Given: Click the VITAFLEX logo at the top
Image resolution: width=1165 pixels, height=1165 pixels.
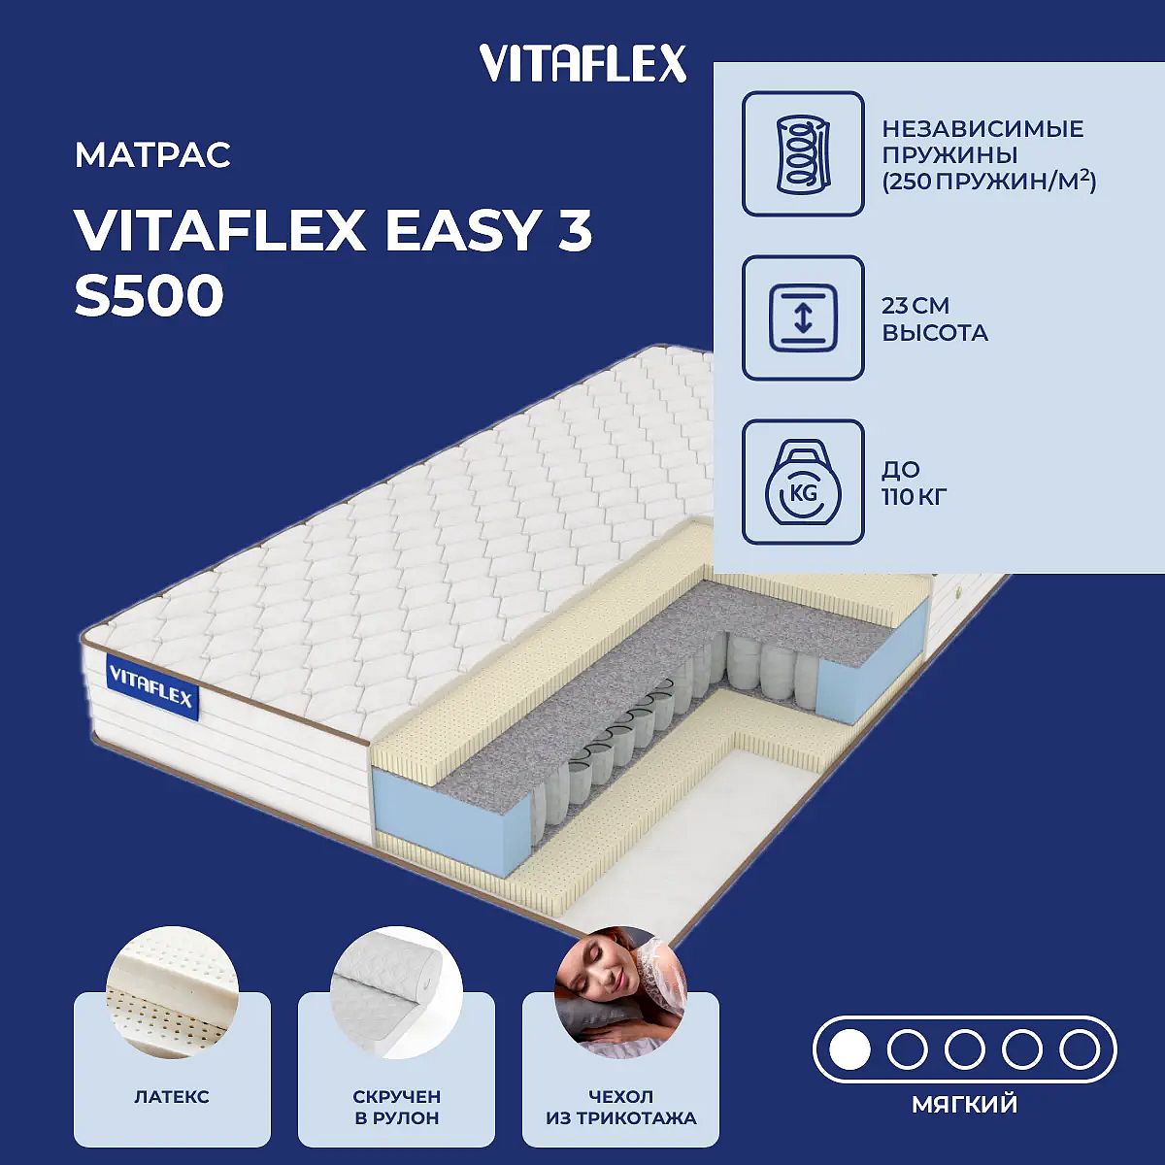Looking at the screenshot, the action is [582, 64].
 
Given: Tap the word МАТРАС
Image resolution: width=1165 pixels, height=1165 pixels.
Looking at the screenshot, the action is [153, 154].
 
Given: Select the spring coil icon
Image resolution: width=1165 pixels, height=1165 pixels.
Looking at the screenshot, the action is [803, 153].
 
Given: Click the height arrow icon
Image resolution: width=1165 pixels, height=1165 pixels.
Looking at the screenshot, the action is [803, 317].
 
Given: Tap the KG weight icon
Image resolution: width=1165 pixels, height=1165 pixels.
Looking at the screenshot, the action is [804, 482].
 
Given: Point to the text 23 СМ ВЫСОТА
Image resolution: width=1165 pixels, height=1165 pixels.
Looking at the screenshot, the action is [935, 319].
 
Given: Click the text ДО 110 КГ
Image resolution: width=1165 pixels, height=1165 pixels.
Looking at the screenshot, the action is [914, 483].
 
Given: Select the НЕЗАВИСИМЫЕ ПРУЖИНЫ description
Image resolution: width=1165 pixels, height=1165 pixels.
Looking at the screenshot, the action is [989, 155].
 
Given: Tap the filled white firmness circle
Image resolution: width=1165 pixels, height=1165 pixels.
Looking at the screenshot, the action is [850, 1050].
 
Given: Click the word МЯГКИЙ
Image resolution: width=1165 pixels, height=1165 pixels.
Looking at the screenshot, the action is [965, 1104].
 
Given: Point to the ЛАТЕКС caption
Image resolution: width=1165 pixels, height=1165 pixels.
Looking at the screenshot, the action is [172, 1096].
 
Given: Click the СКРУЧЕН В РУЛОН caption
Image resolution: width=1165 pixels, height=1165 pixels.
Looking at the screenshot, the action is [397, 1107].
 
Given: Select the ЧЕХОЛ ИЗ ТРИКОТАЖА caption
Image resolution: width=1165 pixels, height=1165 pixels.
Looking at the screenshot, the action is [621, 1107].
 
